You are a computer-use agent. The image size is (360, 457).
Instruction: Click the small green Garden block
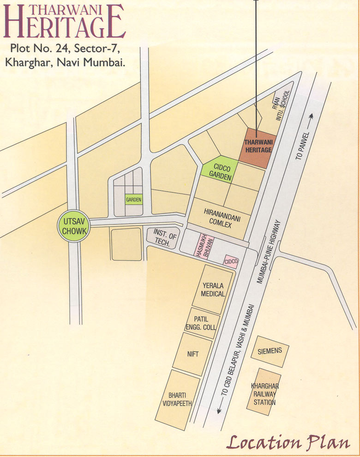tap(133, 200)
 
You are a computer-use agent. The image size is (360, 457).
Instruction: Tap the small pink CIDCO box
tap(231, 261)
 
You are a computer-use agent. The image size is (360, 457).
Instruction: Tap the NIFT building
tap(192, 354)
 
